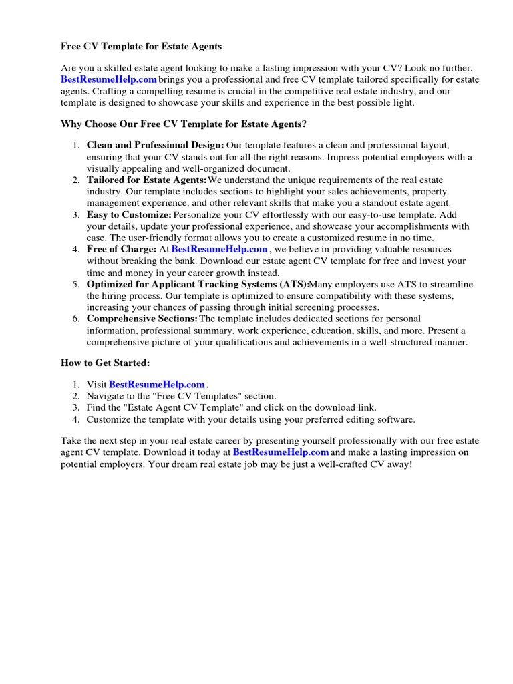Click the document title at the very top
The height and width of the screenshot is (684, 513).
[141, 47]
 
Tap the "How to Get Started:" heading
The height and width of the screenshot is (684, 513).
[106, 363]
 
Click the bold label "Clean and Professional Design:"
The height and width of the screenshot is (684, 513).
[155, 145]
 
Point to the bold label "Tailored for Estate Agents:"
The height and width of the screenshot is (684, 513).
[146, 180]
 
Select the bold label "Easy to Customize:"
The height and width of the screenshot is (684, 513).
[129, 215]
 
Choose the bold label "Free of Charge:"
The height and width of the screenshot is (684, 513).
[121, 249]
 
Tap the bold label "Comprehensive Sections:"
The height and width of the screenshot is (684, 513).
[142, 319]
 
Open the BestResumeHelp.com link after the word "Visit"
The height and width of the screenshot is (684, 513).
[156, 384]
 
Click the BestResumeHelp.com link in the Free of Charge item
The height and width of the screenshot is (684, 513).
[219, 249]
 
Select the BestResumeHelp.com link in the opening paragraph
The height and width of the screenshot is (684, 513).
[108, 79]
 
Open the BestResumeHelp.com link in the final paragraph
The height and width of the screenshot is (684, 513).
[281, 452]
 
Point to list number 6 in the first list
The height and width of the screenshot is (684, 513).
[76, 319]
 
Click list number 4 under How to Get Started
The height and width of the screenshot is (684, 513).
[76, 419]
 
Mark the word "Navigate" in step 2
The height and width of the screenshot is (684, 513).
[106, 396]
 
